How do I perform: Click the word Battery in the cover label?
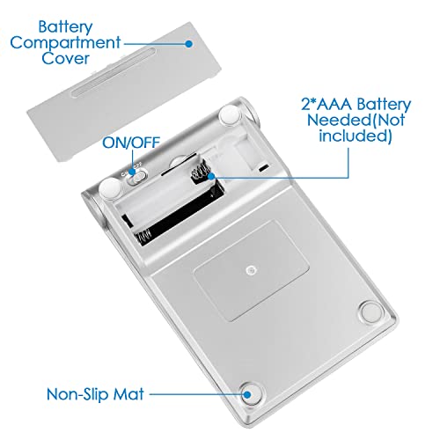tap(65, 27)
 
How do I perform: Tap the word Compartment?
tap(65, 43)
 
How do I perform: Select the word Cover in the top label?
tap(65, 58)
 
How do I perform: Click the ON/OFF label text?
tap(131, 143)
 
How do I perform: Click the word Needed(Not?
tap(356, 120)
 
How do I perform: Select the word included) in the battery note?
tap(356, 136)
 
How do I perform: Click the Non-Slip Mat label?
tap(95, 394)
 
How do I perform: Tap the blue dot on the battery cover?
tap(189, 44)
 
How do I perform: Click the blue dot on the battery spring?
tap(211, 176)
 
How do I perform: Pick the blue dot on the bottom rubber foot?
tap(247, 394)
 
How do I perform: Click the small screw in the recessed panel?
tap(250, 270)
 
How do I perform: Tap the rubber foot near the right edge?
tap(371, 312)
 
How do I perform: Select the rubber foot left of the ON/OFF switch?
tap(110, 187)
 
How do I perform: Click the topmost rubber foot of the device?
tap(230, 115)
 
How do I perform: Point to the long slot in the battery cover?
tap(114, 73)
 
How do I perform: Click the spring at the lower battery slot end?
tap(143, 237)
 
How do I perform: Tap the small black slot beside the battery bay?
tap(263, 168)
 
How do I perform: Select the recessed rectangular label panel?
tap(251, 270)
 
